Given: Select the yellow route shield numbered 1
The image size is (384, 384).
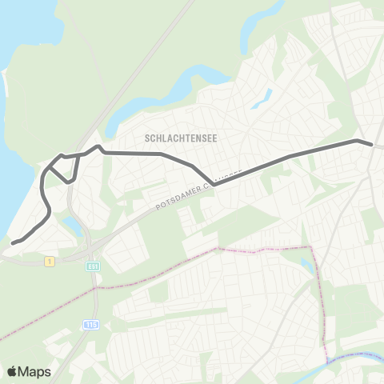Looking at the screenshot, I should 50,261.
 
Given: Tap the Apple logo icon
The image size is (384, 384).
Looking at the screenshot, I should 12,371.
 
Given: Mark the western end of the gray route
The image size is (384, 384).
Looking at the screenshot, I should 13,242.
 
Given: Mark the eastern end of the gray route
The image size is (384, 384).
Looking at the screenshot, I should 371,144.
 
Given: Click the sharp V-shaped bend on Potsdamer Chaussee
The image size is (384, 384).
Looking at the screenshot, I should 214,183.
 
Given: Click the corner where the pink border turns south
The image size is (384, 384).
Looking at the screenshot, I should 314,249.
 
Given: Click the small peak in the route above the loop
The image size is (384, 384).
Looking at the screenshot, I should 98,146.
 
